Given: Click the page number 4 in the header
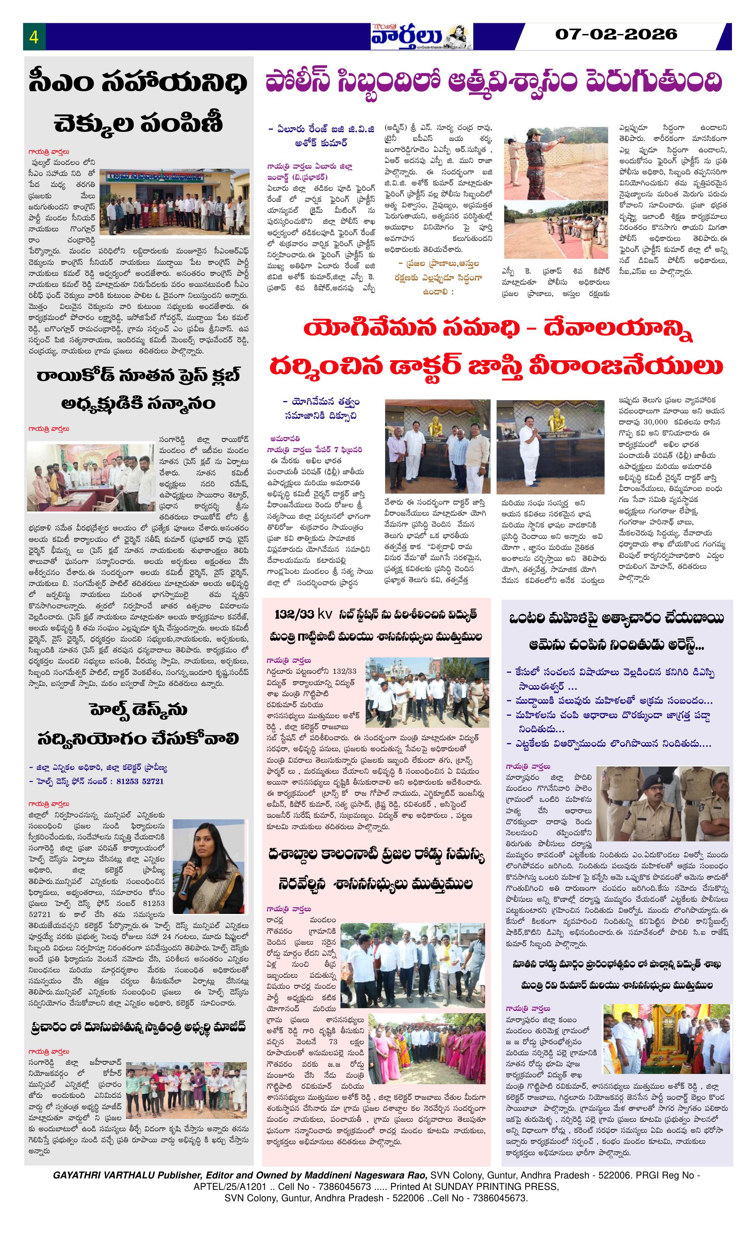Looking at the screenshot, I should click(x=34, y=37).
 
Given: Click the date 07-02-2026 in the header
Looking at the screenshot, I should click(x=616, y=35).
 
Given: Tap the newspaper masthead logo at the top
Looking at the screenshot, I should click(x=421, y=36).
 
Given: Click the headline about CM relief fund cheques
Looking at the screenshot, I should click(x=138, y=103).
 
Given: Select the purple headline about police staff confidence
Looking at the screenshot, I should click(x=494, y=82).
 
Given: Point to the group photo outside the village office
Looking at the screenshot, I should click(x=175, y=203).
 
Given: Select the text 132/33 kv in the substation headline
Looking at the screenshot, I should click(x=302, y=614).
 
